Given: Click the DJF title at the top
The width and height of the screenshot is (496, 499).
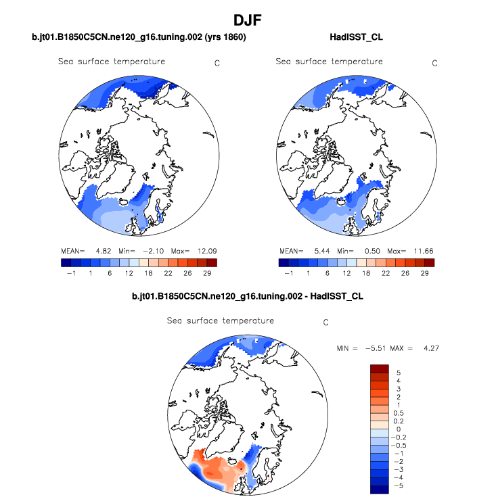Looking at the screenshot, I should [x=248, y=21].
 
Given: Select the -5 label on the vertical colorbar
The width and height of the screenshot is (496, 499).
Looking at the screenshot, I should [x=398, y=485].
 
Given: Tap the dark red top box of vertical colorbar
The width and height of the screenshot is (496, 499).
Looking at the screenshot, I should [x=379, y=369].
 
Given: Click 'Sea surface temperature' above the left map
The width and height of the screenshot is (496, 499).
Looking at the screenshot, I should [x=112, y=62].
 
